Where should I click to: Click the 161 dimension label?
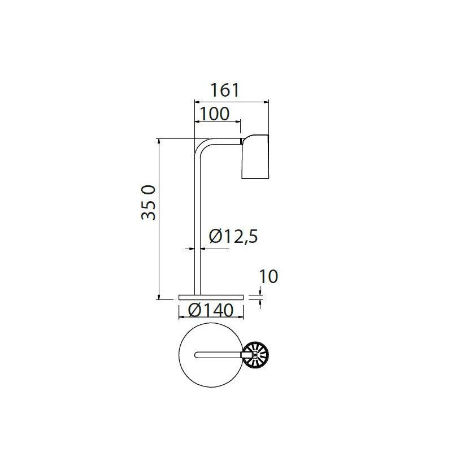(225, 90)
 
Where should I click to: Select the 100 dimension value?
(215, 114)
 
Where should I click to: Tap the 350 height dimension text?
(149, 203)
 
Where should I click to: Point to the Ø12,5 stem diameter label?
(233, 236)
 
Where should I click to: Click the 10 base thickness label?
(268, 276)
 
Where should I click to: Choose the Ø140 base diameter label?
(211, 310)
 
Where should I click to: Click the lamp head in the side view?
(255, 157)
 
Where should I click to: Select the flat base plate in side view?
(211, 298)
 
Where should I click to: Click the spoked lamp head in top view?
(255, 355)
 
